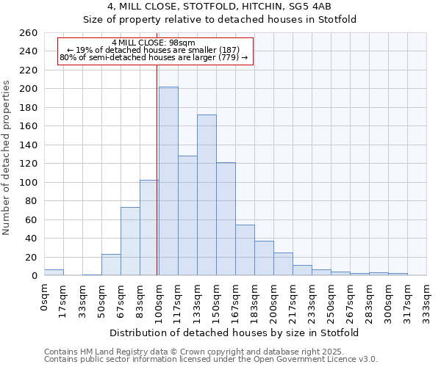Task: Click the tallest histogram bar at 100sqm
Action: click(168, 181)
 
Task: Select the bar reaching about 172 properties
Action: click(207, 195)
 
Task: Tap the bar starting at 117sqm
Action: click(187, 216)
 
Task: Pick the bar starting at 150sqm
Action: click(226, 219)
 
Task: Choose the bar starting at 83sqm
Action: click(149, 228)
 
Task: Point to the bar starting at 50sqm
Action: click(111, 265)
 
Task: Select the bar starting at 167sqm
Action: click(245, 250)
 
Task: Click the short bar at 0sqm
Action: click(54, 272)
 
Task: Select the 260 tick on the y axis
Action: click(28, 33)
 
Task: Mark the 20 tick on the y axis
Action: click(32, 258)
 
